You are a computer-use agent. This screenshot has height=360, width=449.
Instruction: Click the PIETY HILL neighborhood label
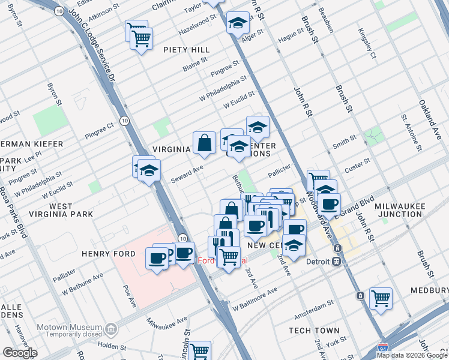pos(187,49)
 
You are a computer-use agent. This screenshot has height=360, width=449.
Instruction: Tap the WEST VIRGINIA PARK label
pos(71,210)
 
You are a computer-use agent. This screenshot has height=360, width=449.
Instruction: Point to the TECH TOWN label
pos(314,331)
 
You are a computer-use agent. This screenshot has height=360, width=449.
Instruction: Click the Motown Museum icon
pos(110,329)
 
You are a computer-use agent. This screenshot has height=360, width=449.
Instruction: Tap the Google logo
pos(19,353)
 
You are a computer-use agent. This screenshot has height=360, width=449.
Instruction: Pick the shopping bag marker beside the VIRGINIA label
pos(204,143)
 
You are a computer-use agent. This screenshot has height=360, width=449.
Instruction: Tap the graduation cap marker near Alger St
pos(238,23)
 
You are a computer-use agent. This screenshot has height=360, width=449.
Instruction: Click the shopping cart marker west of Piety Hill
pos(141,38)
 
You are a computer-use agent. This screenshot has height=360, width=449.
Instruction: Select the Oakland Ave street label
pos(430,112)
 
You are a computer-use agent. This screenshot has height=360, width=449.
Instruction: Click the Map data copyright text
pos(411,355)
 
